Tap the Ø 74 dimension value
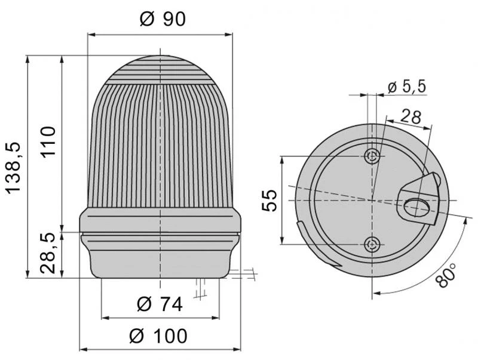pos(159,304)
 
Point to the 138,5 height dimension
pos(13,168)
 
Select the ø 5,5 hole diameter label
pos(407,87)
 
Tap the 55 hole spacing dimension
pos(269,201)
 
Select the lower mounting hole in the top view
pos(372,244)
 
